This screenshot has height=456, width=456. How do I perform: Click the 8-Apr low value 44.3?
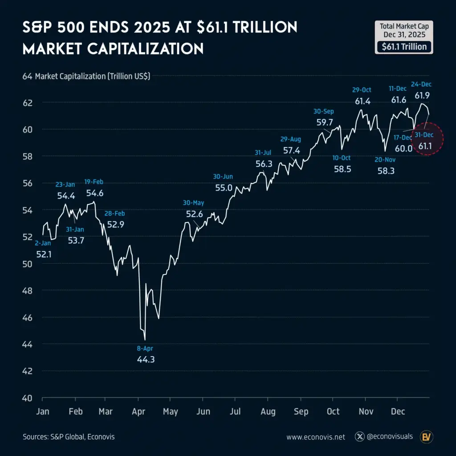146,359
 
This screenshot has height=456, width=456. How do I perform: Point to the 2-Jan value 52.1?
44,254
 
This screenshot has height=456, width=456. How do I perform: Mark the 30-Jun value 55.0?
224,187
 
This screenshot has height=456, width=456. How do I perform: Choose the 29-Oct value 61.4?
363,101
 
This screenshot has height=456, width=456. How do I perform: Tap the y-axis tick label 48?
28,290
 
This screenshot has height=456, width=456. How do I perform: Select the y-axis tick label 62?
28,102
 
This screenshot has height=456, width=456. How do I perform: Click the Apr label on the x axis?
138,411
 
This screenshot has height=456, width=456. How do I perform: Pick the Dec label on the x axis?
398,411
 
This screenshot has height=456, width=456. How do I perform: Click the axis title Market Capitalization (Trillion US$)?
92,76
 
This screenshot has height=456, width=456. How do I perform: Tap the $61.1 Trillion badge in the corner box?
404,47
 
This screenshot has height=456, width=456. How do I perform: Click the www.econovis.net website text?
316,437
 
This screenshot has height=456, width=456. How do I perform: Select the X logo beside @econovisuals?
360,436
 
